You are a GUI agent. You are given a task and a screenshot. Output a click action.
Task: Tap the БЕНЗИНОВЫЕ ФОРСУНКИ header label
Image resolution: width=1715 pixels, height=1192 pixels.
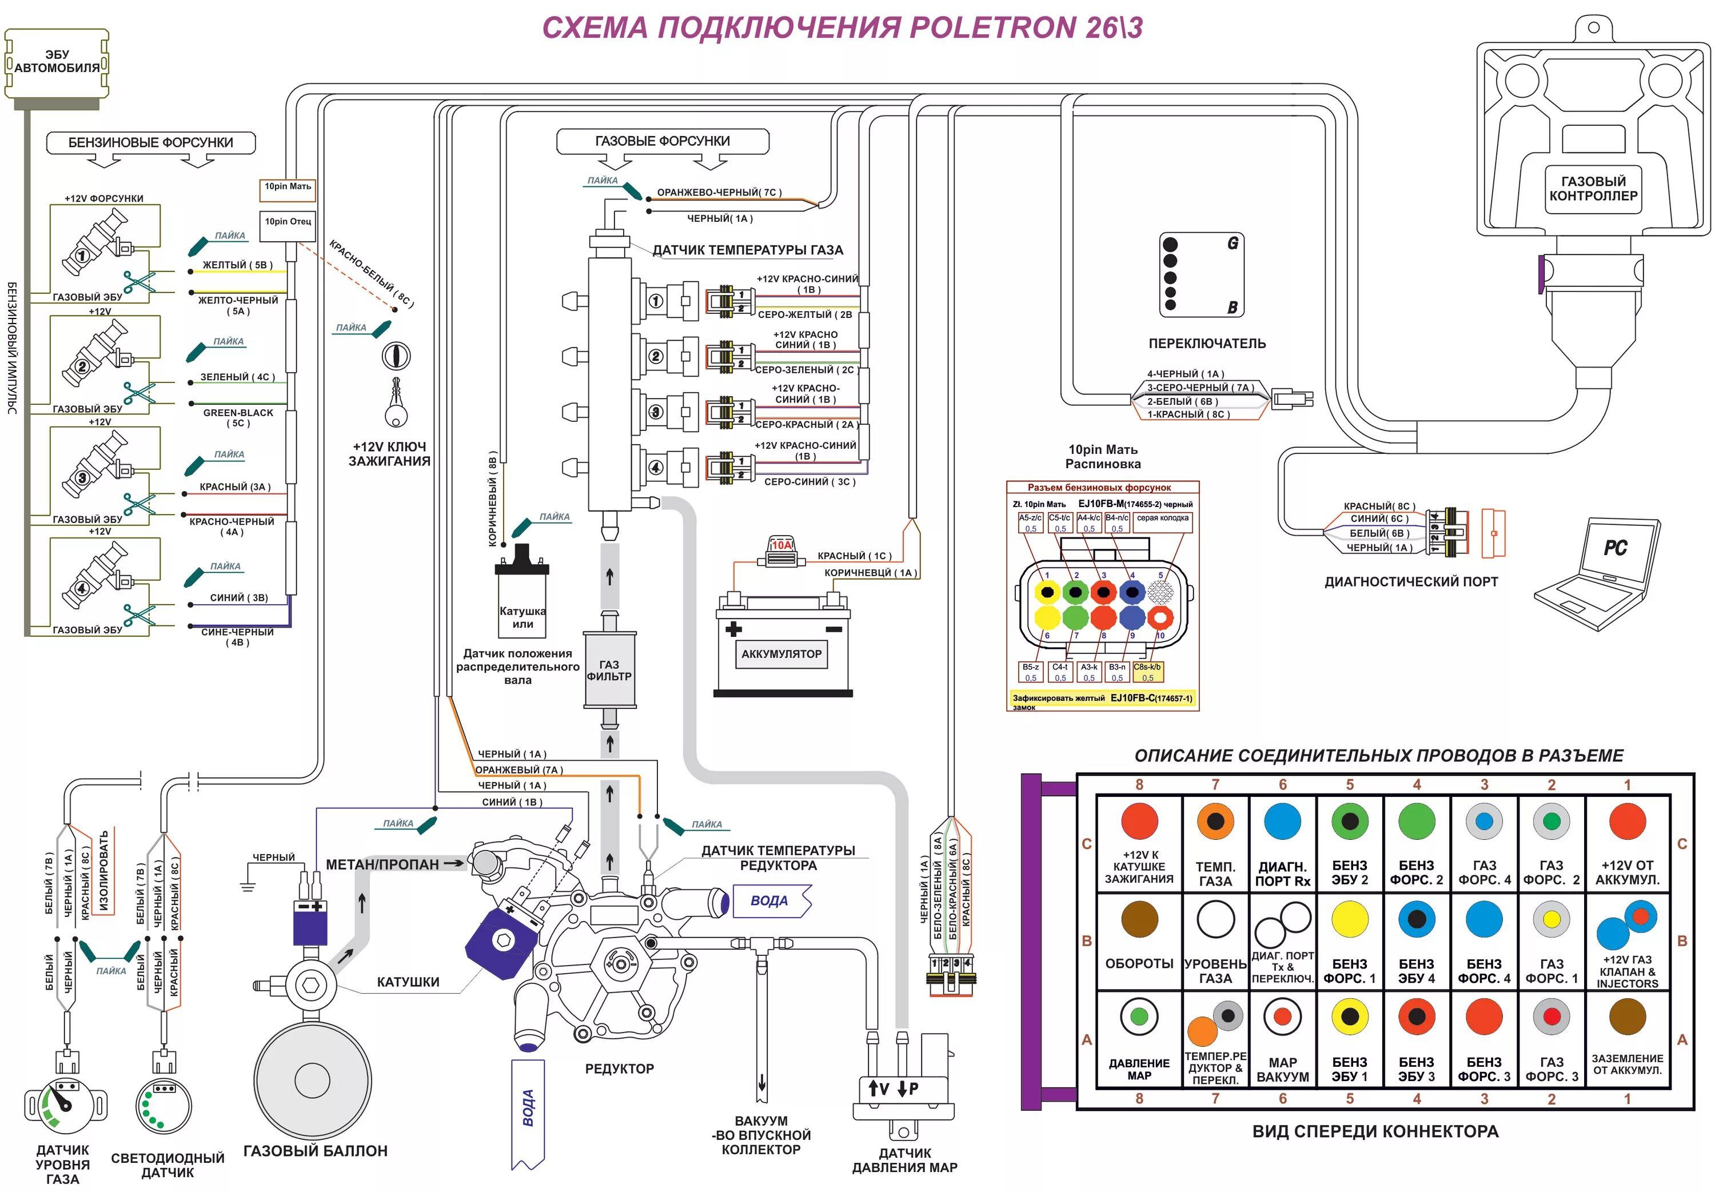pyautogui.click(x=150, y=142)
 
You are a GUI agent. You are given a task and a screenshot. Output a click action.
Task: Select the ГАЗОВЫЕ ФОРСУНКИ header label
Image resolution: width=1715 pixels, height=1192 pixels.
pyautogui.click(x=662, y=141)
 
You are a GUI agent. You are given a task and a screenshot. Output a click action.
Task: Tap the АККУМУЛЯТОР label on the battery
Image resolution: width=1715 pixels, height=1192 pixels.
pyautogui.click(x=781, y=653)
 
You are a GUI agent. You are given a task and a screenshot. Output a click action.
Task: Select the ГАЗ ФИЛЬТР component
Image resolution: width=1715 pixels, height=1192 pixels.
pyautogui.click(x=609, y=670)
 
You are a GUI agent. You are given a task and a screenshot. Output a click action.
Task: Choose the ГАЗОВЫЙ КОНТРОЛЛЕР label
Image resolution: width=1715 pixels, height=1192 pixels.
pyautogui.click(x=1593, y=188)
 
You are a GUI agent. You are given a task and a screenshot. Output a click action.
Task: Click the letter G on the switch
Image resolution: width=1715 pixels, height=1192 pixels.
pyautogui.click(x=1233, y=244)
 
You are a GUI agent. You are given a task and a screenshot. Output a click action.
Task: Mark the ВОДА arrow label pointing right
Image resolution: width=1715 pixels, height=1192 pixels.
pyautogui.click(x=771, y=901)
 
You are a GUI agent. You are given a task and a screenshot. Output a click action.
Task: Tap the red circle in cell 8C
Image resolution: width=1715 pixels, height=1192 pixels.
pyautogui.click(x=1139, y=822)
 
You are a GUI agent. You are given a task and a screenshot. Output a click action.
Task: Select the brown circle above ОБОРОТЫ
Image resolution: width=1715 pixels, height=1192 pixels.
pyautogui.click(x=1139, y=919)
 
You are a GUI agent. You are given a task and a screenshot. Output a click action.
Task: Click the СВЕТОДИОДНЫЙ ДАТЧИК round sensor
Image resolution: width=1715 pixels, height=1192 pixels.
pyautogui.click(x=164, y=1105)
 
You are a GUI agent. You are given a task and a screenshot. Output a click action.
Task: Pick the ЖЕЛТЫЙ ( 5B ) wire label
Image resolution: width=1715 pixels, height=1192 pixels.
pyautogui.click(x=237, y=265)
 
